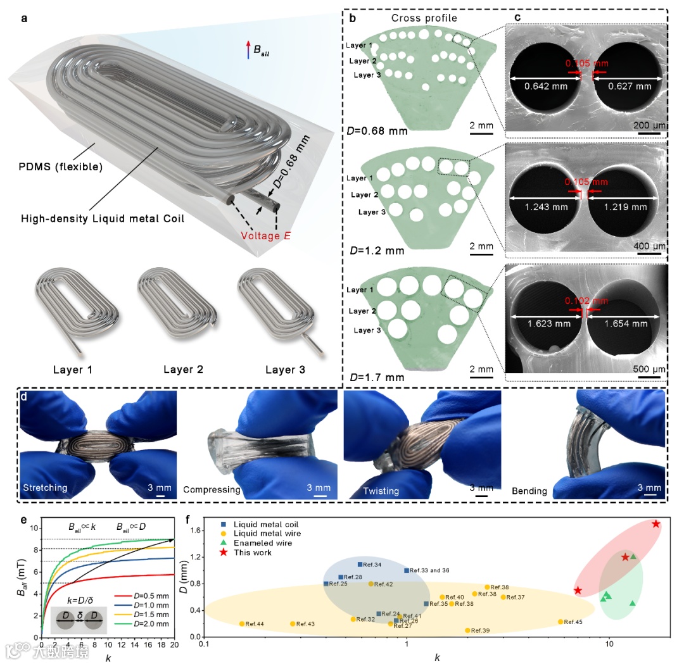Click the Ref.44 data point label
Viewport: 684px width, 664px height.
(x=254, y=624)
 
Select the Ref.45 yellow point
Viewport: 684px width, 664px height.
(x=560, y=622)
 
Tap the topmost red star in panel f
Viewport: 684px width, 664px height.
(x=656, y=524)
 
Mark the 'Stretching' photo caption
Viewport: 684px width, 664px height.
(x=45, y=488)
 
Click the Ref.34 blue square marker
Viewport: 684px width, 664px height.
(x=360, y=564)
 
